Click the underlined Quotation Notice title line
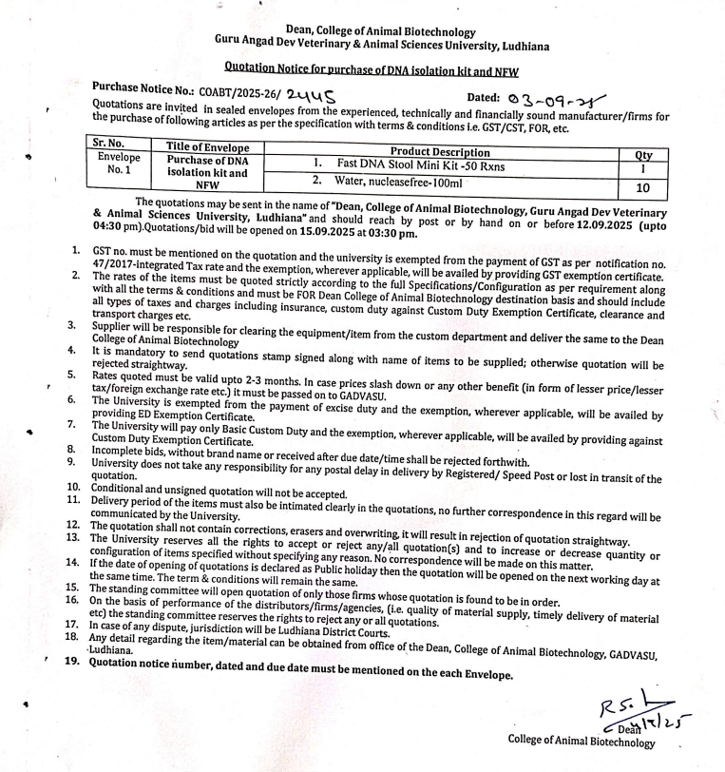pyautogui.click(x=372, y=68)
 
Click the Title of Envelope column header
pyautogui.click(x=207, y=147)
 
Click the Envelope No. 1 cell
pyautogui.click(x=120, y=164)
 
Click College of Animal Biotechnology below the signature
pyautogui.click(x=582, y=741)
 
